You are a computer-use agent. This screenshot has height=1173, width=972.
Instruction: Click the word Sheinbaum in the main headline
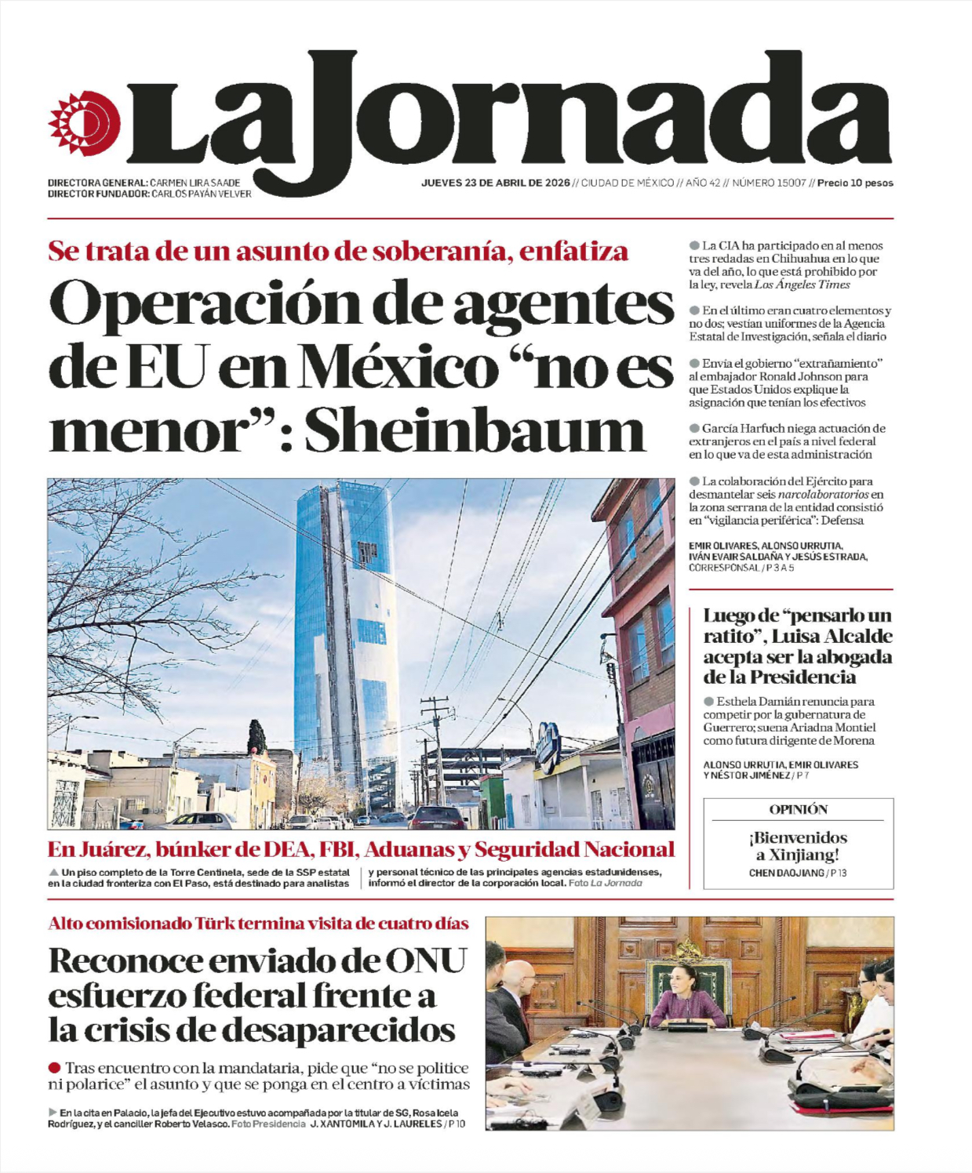475,432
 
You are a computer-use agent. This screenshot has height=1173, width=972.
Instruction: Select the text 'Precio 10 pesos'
855,183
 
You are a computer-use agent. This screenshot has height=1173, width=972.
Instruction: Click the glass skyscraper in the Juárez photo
345,627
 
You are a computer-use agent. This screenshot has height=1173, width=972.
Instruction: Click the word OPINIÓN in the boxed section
798,809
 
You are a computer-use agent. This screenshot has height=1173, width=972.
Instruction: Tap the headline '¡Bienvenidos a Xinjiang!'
798,846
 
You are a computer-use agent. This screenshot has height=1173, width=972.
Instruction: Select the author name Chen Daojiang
786,873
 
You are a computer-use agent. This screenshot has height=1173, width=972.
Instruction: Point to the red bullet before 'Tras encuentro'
54,1068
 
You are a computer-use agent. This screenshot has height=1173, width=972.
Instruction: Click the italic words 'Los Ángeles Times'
802,285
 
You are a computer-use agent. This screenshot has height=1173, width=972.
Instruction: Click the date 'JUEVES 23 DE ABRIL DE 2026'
495,183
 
